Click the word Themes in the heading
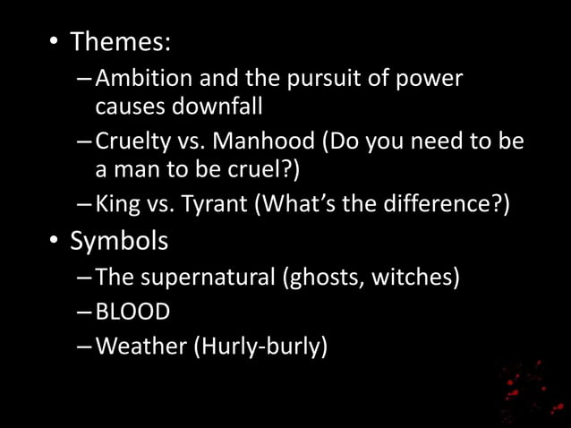(x=121, y=42)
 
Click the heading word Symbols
(x=119, y=242)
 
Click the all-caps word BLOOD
(x=132, y=312)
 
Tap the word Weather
(x=141, y=347)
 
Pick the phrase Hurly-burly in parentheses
(x=260, y=347)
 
